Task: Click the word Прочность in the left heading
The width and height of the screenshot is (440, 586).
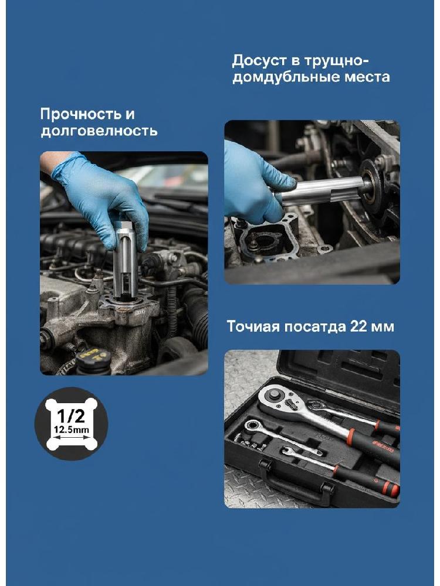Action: [77, 114]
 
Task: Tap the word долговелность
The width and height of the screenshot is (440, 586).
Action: [99, 131]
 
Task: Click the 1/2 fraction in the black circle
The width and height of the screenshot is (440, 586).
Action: [71, 415]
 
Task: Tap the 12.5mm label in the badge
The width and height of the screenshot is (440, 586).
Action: [72, 430]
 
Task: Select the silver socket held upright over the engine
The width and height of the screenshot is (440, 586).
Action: [126, 261]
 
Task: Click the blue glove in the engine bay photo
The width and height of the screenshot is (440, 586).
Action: [103, 199]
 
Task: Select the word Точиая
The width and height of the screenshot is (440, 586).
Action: [253, 326]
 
